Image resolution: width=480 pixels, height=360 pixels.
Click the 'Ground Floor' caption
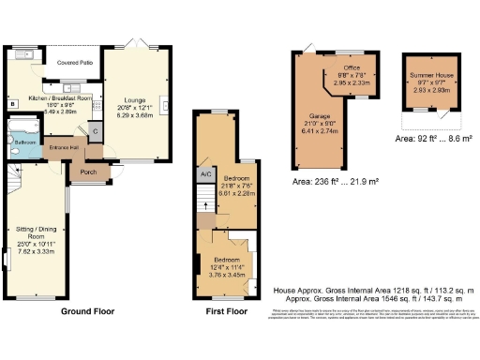tap(88, 310)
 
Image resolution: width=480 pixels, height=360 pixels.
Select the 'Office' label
tap(352, 67)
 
